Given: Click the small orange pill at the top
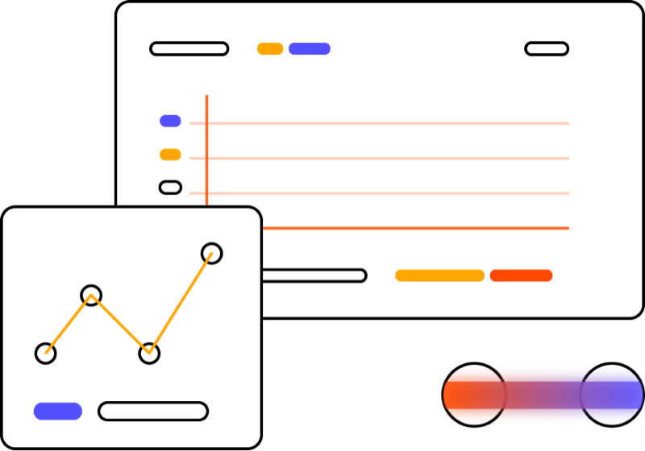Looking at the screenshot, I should point(270,48).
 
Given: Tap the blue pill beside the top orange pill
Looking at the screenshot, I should point(310,48).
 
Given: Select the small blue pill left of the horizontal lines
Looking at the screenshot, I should point(170,120).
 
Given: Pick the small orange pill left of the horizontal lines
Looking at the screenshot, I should point(170,154).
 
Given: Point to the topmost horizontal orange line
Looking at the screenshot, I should point(387,123).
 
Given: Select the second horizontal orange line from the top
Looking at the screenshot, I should point(387,159).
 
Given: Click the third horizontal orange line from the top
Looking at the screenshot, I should point(387,193).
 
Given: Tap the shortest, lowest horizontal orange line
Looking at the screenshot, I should point(416,229).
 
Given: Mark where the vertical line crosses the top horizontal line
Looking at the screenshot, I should point(206,123).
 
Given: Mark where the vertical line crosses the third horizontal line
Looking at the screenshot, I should point(206,193).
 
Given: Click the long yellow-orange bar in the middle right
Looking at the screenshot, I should point(439,275).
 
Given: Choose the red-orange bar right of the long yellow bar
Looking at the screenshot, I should point(521,275).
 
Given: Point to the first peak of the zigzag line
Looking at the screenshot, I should point(91,296).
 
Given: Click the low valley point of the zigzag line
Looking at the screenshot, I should point(149,352).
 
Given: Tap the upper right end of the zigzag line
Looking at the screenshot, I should point(211,254).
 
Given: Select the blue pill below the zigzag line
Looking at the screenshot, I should point(57,412).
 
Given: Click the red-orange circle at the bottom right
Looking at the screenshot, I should point(474,395).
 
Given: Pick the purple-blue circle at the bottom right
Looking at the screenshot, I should point(611,395).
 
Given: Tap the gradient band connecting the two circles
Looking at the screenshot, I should point(543,395).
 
